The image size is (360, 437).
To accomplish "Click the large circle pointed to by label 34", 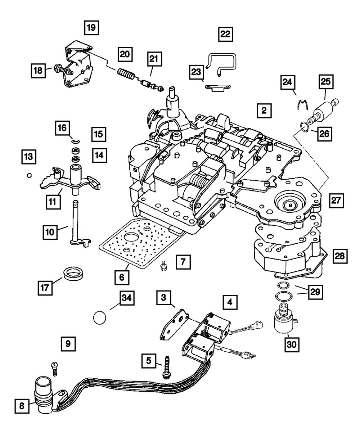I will coord(99,318).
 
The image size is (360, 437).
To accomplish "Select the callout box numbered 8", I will coord(22,406).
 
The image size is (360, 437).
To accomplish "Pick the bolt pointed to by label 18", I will coord(61,70).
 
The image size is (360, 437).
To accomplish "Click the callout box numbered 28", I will coord(339,256).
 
